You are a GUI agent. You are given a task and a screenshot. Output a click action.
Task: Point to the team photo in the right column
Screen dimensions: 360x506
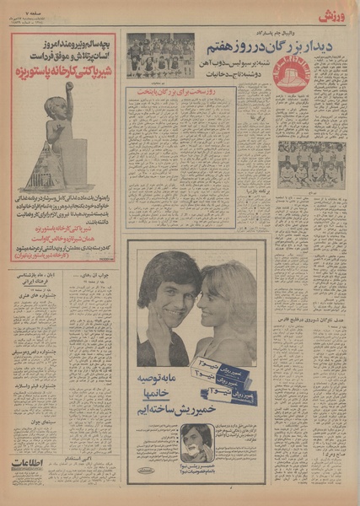307,164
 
